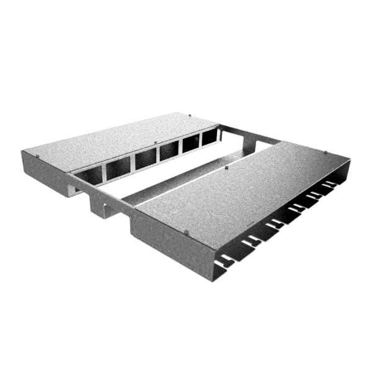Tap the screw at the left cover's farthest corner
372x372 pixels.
(x=188, y=114)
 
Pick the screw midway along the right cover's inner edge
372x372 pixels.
(x=228, y=167)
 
